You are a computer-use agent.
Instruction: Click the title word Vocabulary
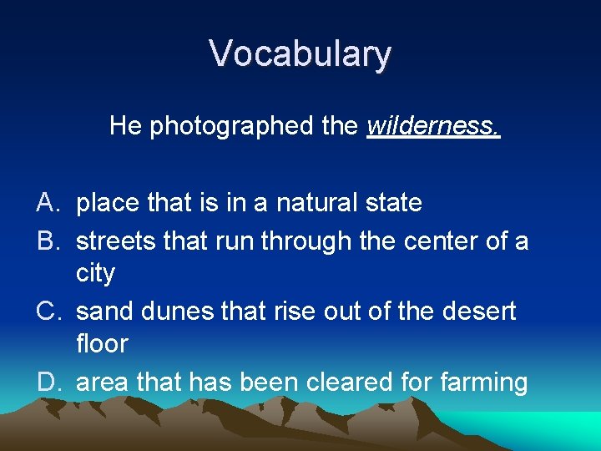click(300, 54)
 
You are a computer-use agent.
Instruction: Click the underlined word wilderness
click(433, 126)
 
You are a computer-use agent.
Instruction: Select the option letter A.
click(47, 203)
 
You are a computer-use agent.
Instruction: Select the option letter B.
click(47, 241)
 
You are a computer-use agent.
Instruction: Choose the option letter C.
click(47, 312)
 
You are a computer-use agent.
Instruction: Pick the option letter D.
click(47, 383)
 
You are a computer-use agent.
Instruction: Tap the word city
click(95, 273)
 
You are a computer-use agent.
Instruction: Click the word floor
click(102, 343)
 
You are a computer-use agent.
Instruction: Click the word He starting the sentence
click(126, 126)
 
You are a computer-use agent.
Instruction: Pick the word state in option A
click(393, 203)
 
